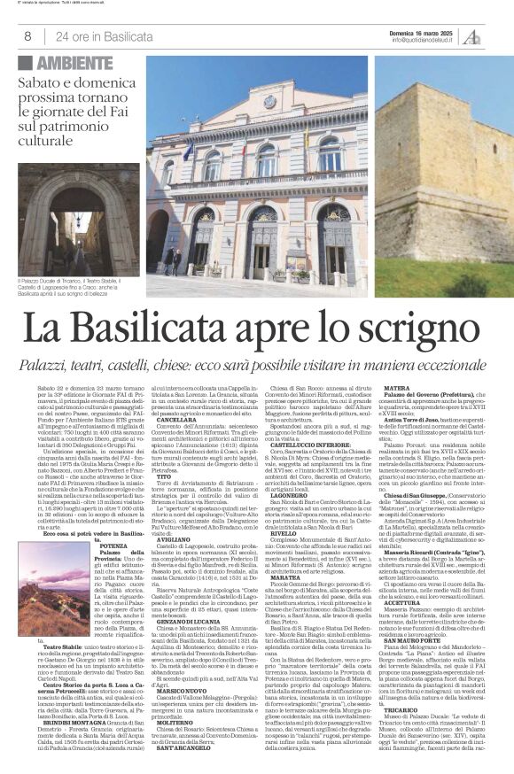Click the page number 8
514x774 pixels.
pos(28,36)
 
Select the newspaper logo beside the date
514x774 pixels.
pos(495,35)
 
